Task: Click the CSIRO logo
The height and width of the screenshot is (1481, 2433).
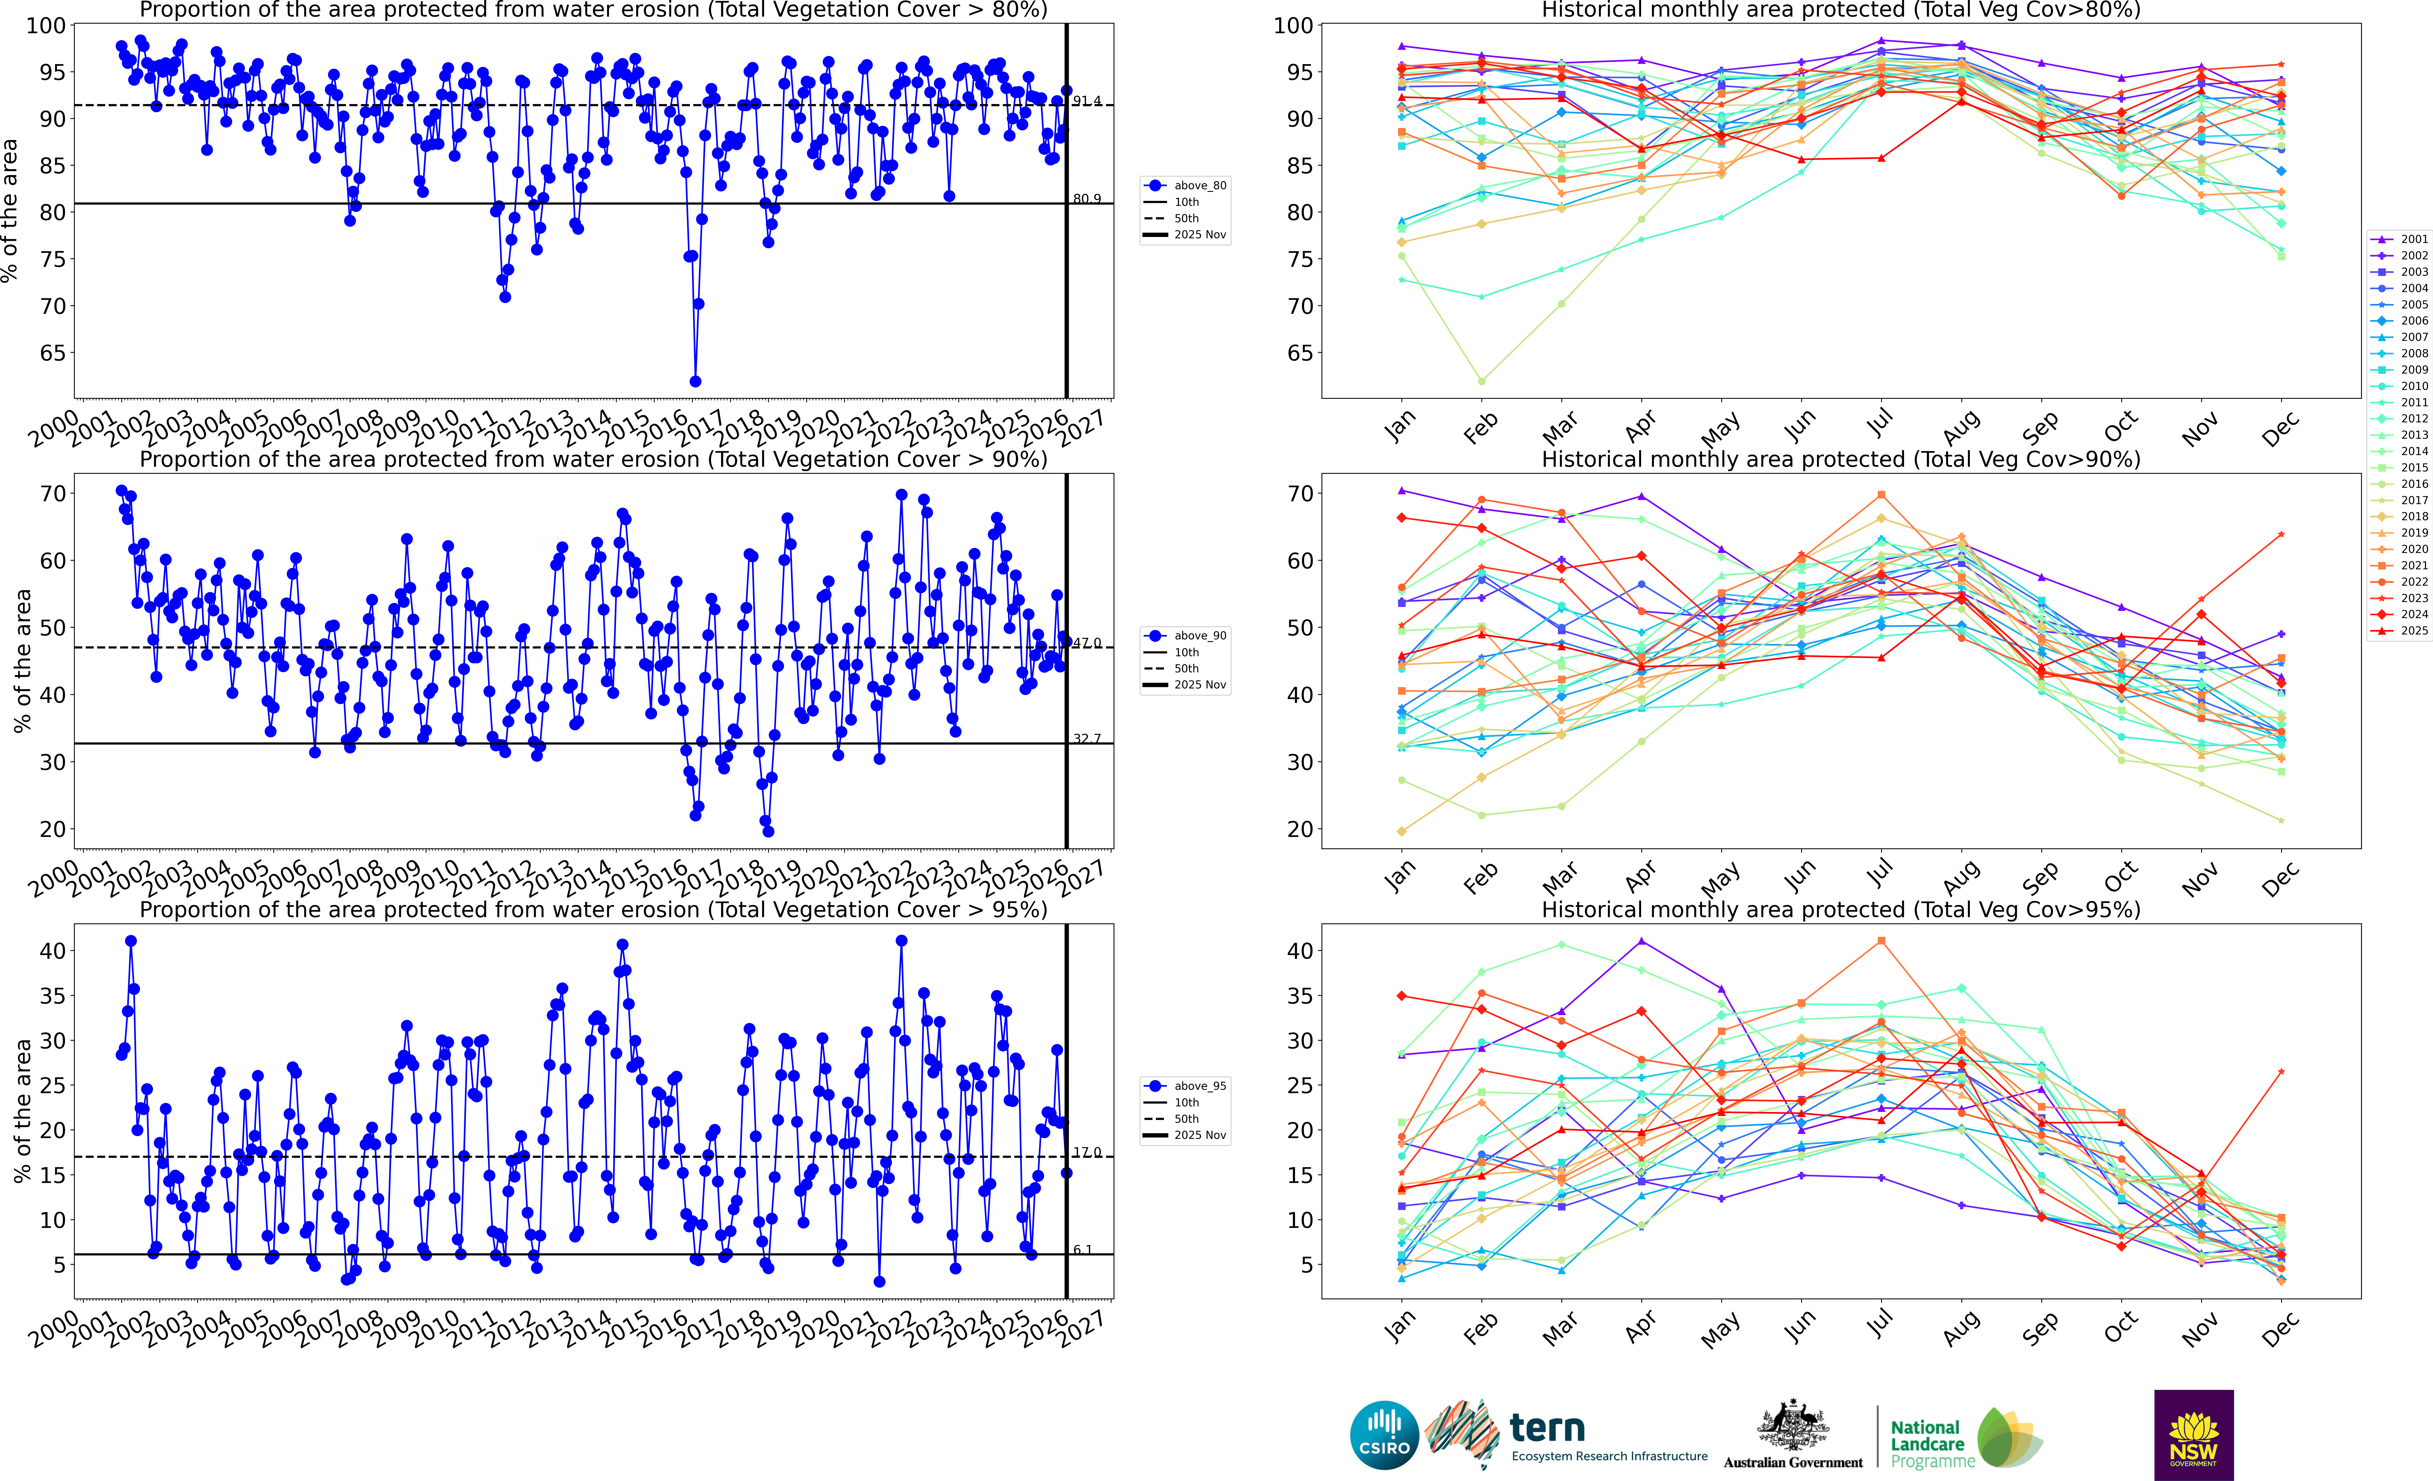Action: tap(1384, 1435)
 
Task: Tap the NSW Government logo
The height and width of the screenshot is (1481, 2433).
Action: tap(2193, 1435)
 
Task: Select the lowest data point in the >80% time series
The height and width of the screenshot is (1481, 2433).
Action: tap(695, 381)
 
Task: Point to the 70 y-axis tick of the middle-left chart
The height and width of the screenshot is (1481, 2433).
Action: tap(52, 494)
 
